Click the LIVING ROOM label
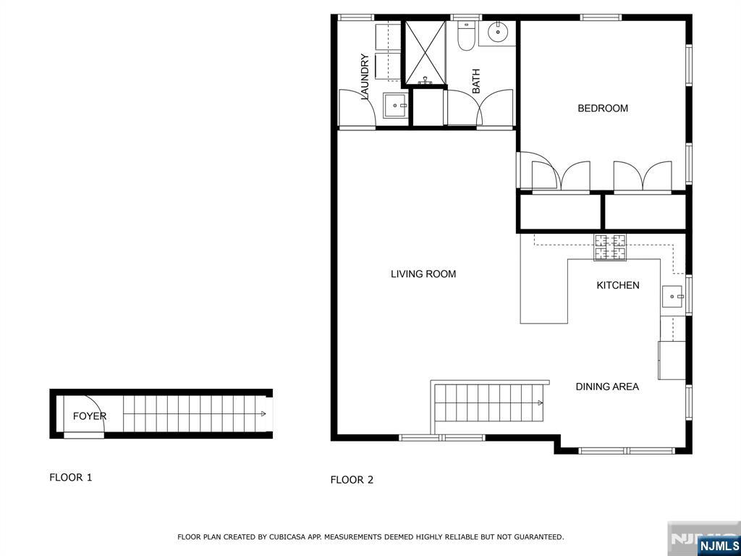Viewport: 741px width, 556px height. [x=423, y=274]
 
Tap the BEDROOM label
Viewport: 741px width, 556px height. [x=602, y=109]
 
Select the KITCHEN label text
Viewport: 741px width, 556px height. [x=617, y=285]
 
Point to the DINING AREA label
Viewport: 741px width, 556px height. [x=606, y=387]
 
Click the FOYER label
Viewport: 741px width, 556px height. [x=89, y=416]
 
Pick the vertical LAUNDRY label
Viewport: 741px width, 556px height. [x=365, y=77]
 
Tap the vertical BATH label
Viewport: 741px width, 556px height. [x=476, y=81]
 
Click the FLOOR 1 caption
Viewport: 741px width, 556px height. [x=70, y=477]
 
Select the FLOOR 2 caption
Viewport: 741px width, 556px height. [x=352, y=479]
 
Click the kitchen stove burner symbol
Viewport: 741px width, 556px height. [x=610, y=248]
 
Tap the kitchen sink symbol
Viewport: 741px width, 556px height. [x=673, y=296]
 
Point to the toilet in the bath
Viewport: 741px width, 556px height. [x=466, y=36]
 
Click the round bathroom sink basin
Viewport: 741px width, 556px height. [x=498, y=32]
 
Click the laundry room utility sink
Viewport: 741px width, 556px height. [x=396, y=106]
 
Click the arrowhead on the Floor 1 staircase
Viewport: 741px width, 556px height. [x=263, y=414]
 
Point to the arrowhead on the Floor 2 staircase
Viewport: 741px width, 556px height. [x=541, y=403]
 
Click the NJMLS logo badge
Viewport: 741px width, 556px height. [x=719, y=545]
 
